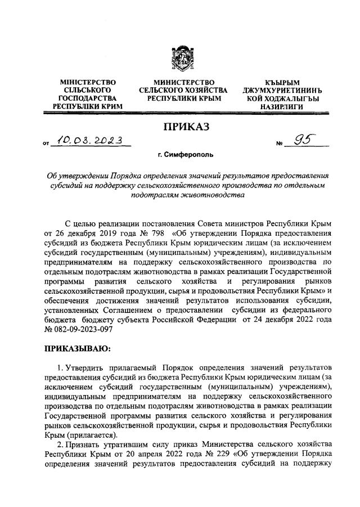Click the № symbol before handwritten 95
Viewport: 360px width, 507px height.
coord(279,145)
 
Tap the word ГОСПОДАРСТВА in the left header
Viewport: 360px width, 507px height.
coord(87,98)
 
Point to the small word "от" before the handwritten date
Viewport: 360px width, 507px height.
coord(46,145)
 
